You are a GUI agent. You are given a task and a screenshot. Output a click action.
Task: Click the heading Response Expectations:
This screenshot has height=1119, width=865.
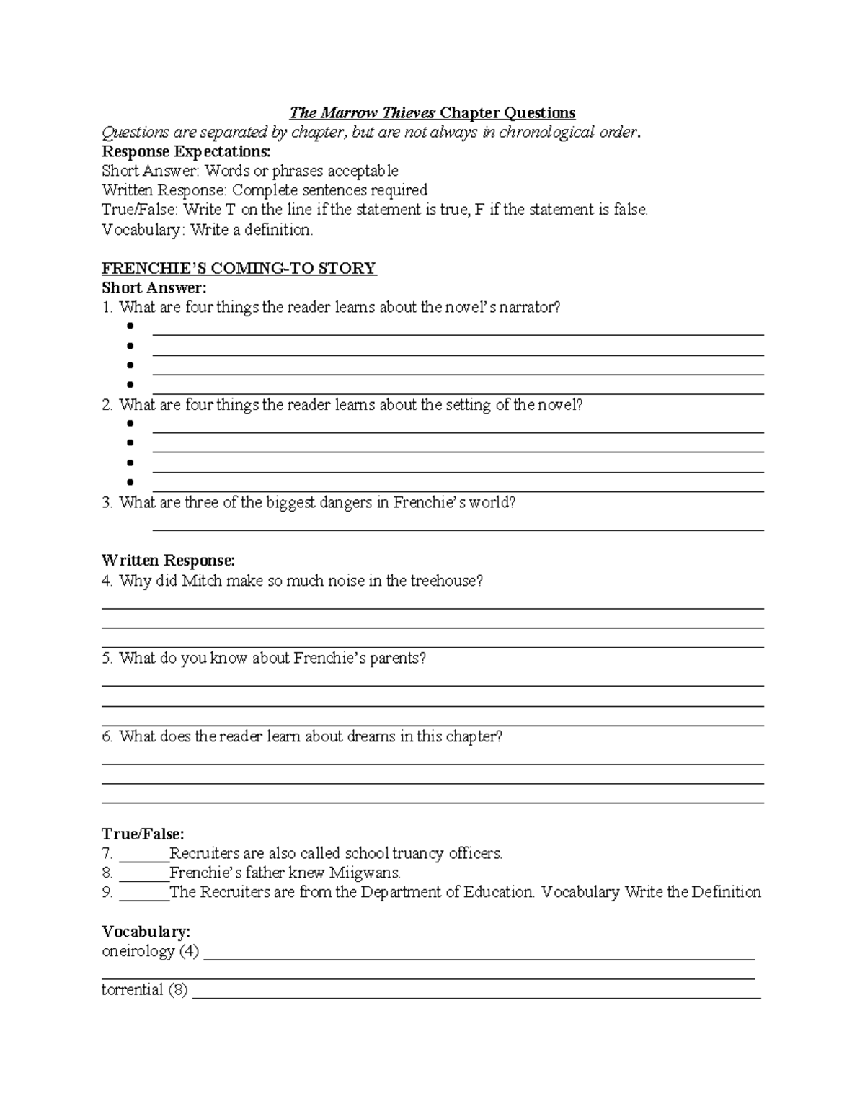(186, 151)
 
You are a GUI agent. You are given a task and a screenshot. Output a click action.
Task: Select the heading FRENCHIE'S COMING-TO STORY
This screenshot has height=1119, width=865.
(239, 269)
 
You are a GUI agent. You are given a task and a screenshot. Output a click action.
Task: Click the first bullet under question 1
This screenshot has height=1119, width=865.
(130, 326)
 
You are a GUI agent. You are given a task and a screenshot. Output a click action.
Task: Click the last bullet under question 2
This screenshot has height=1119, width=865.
(130, 483)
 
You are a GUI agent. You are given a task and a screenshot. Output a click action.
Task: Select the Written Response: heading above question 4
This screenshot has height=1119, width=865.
(168, 561)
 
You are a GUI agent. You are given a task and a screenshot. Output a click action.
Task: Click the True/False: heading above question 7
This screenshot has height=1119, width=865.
(143, 834)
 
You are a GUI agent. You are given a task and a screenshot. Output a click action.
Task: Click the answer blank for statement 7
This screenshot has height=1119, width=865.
(143, 855)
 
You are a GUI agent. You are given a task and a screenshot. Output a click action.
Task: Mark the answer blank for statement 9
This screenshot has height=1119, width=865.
(143, 893)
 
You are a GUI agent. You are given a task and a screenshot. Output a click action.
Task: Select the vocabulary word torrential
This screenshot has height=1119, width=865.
(132, 990)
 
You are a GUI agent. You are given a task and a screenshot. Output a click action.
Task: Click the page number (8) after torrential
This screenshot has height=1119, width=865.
(178, 990)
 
